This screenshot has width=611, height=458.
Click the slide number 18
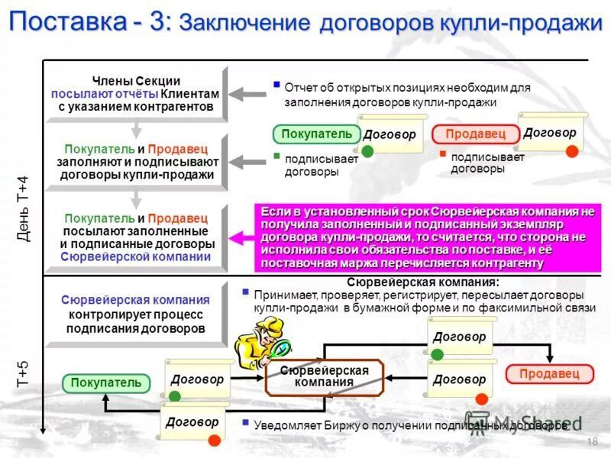tap(593, 443)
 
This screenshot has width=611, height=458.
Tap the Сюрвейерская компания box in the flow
tap(324, 376)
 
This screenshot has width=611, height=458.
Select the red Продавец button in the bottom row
tap(549, 373)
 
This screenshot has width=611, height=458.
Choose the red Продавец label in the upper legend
tap(475, 134)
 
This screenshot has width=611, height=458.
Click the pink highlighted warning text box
tap(427, 237)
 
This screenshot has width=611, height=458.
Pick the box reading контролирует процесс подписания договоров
tap(136, 314)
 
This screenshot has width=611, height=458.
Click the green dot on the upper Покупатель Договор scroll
tap(367, 151)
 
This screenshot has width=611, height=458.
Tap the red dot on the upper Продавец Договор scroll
tap(571, 151)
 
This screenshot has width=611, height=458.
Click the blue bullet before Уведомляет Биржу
tap(244, 421)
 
